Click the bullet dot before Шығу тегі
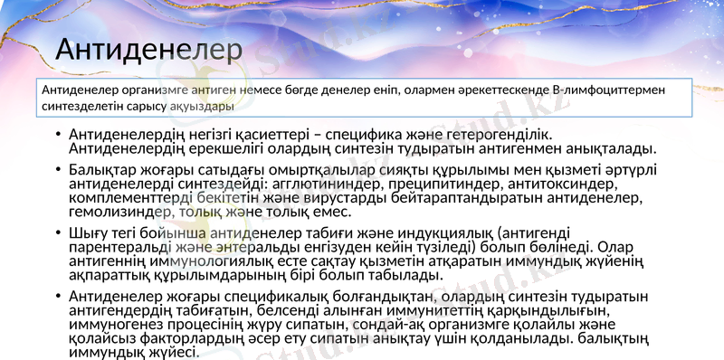click(59, 232)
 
